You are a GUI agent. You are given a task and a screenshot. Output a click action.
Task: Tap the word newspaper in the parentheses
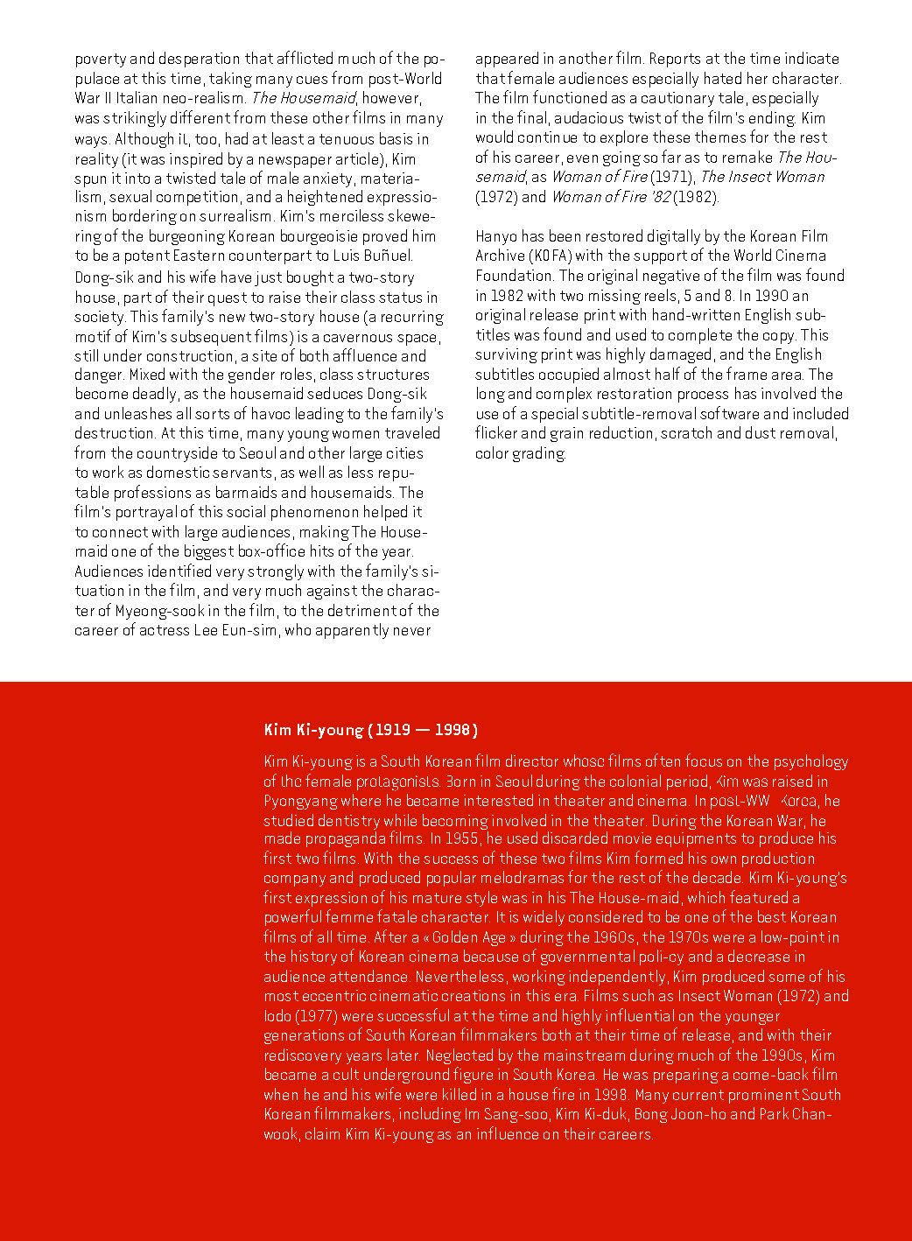[x=285, y=158]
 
